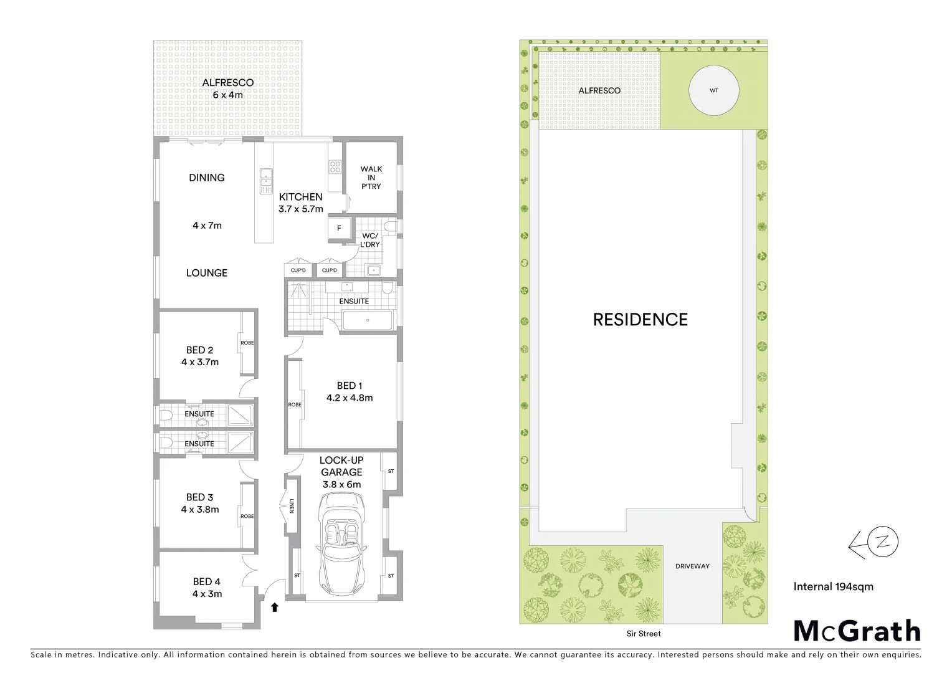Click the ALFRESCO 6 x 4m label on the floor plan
[228, 88]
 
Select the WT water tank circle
[714, 90]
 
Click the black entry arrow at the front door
[274, 607]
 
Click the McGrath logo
[857, 631]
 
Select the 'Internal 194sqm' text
[833, 586]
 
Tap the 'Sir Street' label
[644, 634]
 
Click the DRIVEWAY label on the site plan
[692, 566]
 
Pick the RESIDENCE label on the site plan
[640, 320]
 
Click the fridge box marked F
[339, 229]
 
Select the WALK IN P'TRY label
[371, 178]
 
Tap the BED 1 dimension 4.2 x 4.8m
[350, 398]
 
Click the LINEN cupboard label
[291, 506]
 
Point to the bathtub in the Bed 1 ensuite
[368, 321]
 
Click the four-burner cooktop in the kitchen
[335, 166]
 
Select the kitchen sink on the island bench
[265, 181]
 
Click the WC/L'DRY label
[370, 241]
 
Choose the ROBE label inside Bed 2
[247, 343]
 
